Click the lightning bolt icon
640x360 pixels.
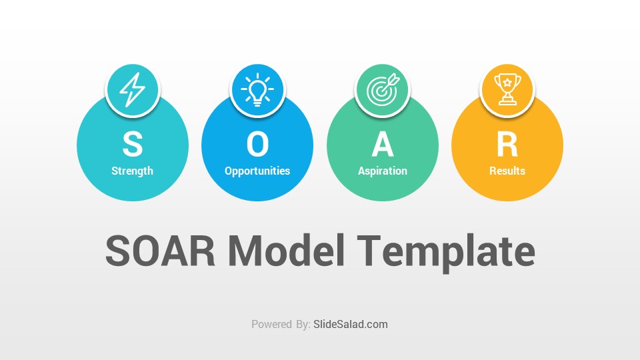click(132, 90)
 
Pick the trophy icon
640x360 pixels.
click(507, 89)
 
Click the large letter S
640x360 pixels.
click(133, 144)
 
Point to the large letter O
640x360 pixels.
click(257, 144)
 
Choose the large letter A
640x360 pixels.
click(383, 144)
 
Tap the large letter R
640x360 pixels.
click(507, 144)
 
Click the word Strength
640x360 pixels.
click(132, 171)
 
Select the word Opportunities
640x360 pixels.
click(257, 171)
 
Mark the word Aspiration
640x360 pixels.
click(383, 171)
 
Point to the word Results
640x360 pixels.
click(507, 171)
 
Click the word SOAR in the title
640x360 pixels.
click(160, 251)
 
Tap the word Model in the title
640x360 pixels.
click(286, 251)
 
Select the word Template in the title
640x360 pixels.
click(446, 253)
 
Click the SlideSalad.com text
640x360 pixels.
click(351, 325)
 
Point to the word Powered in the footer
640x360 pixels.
click(271, 325)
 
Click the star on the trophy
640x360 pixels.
click(507, 83)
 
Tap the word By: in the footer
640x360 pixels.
click(303, 325)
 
